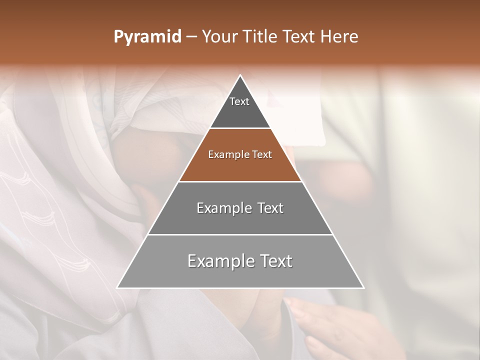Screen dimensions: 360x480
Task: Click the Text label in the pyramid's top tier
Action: pyautogui.click(x=239, y=101)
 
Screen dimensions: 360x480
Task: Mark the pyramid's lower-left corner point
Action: pyautogui.click(x=117, y=287)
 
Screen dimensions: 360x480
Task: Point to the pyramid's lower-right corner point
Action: pyautogui.click(x=363, y=287)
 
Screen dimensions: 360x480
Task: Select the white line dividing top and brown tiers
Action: pyautogui.click(x=240, y=128)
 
